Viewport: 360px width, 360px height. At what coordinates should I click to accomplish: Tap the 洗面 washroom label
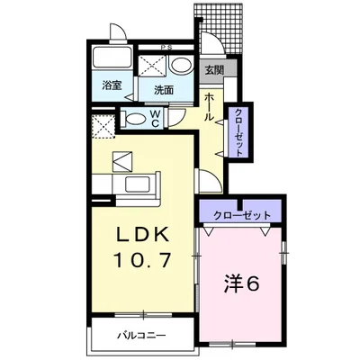pos(163,89)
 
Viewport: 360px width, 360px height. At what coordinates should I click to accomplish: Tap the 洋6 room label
pos(241,283)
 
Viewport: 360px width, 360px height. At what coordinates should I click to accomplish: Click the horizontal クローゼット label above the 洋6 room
pos(241,214)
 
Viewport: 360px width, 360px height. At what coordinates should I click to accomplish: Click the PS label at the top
pos(166,47)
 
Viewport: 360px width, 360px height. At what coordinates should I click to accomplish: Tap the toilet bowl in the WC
pos(135,119)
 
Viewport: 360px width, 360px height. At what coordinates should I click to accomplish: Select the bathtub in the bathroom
pos(111,62)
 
